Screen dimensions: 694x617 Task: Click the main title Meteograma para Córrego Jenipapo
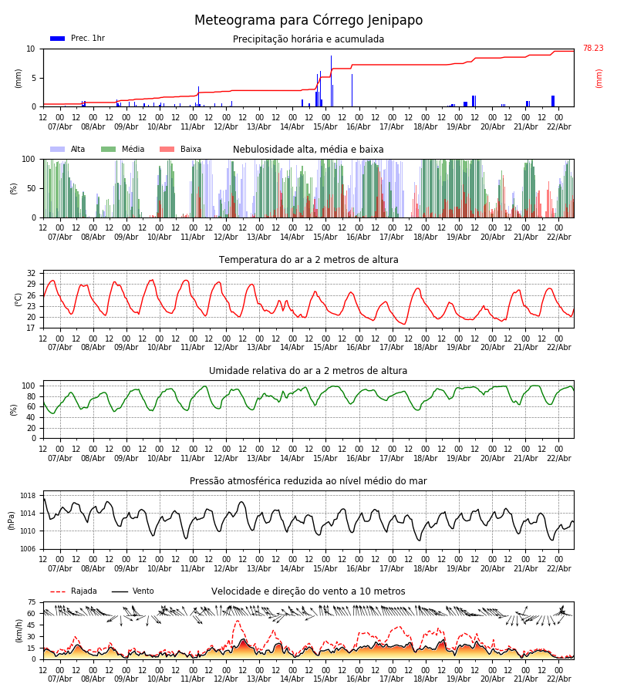(308, 21)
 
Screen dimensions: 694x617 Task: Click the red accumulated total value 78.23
(592, 49)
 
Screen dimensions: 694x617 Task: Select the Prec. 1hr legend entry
(78, 39)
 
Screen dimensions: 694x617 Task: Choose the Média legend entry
(123, 150)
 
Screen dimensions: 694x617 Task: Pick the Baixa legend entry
(180, 150)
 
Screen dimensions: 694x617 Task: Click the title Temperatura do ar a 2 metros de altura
(308, 260)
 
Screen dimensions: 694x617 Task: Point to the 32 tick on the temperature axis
(31, 273)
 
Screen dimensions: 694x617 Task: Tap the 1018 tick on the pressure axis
(29, 496)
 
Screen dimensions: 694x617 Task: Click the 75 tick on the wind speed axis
(32, 602)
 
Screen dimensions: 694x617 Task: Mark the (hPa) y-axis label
(12, 520)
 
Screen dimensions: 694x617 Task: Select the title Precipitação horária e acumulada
(308, 39)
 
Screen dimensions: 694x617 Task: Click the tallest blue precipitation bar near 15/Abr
(332, 77)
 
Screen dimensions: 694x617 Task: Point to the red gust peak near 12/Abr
(237, 622)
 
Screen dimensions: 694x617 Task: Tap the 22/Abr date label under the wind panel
(558, 679)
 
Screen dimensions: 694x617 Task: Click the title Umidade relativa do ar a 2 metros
(308, 371)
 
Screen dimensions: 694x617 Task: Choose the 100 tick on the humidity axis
(29, 386)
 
